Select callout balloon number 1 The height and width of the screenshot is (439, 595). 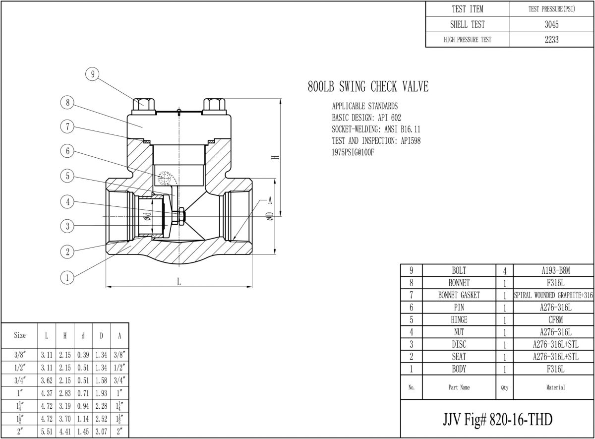tap(67, 277)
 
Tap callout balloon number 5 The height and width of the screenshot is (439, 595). tap(67, 176)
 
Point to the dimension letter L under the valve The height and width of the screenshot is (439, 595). tap(178, 281)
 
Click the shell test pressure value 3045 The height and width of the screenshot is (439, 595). tap(551, 24)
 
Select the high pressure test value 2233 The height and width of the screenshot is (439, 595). tap(551, 40)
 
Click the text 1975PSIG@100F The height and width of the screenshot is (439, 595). tap(353, 152)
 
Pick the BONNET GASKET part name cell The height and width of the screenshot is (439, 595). tap(459, 295)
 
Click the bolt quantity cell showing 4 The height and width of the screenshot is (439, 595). tap(504, 271)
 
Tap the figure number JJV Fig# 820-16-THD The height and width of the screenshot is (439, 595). tap(497, 419)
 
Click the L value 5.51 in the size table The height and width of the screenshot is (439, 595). tap(47, 432)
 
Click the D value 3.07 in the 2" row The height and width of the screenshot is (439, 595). tap(101, 432)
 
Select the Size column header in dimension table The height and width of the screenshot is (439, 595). tap(20, 335)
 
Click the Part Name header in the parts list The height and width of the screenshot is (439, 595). tap(459, 387)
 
